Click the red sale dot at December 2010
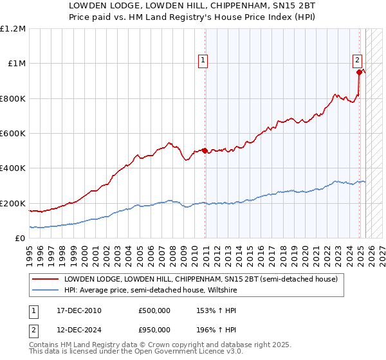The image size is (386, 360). click(x=205, y=150)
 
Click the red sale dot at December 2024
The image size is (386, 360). click(x=360, y=73)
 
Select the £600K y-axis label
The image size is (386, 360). click(x=13, y=134)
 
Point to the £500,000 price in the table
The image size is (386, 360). click(x=154, y=310)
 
